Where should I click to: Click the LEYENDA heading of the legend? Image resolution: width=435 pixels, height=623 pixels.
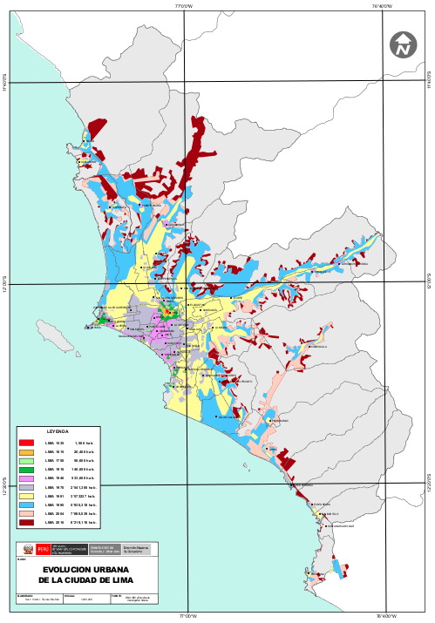click(x=57, y=431)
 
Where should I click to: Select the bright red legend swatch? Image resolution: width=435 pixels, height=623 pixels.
click(x=26, y=444)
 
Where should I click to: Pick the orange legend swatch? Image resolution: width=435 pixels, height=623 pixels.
click(x=26, y=452)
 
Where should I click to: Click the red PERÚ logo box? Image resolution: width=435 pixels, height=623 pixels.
click(x=43, y=551)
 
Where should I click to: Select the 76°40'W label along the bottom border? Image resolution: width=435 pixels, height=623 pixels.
click(x=384, y=617)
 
